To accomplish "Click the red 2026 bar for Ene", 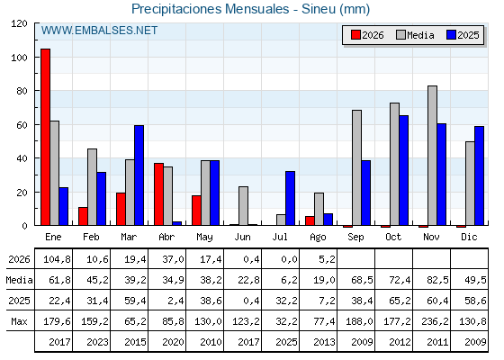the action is point(45,137).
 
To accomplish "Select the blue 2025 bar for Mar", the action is point(139,175).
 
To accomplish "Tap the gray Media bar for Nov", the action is point(432,156).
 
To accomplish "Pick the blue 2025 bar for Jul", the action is point(290,198).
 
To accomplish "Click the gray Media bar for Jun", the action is point(243,206).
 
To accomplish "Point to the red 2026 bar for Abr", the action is point(158,194).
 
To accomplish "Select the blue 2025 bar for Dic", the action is point(479,175).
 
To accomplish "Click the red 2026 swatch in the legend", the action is point(355,35).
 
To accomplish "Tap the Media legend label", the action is point(420,35).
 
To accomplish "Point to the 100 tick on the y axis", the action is point(19,58).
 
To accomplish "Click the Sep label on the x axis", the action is point(355,237).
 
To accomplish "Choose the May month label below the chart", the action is point(204,238).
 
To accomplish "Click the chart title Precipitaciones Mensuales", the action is point(211,9).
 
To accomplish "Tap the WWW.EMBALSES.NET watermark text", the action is point(99,31).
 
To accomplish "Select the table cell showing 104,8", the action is point(57,259).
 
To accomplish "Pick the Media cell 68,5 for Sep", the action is point(362,280).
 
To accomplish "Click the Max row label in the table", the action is point(19,321).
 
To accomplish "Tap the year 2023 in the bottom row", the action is point(97,342).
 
